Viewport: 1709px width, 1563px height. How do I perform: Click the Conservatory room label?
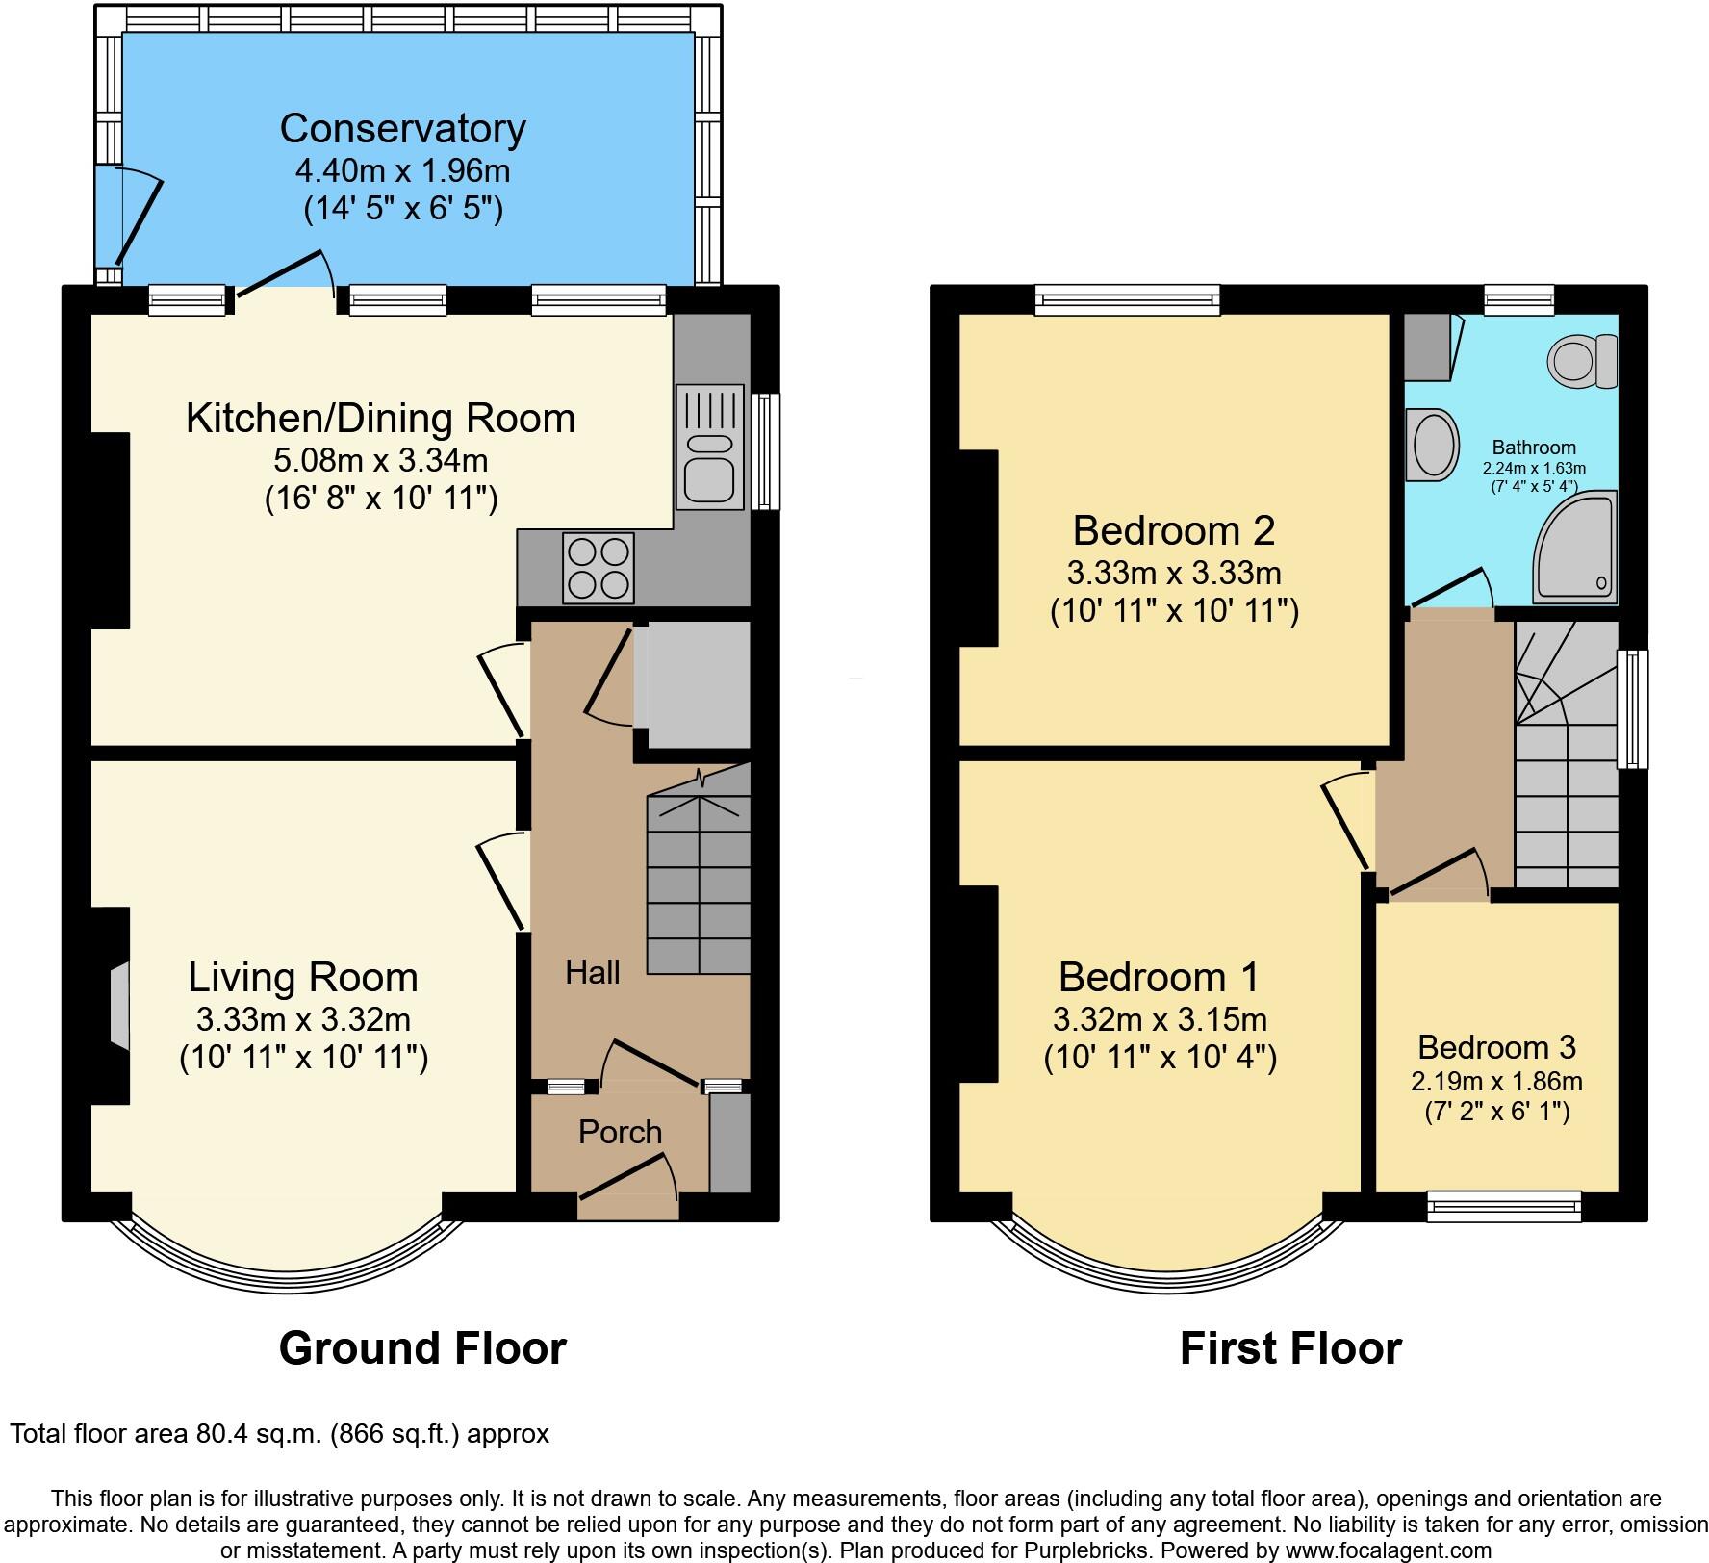tap(402, 128)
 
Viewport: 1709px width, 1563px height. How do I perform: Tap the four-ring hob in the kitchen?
tap(599, 568)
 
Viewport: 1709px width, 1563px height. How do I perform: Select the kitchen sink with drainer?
tap(710, 447)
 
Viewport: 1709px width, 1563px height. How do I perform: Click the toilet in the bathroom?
tap(1582, 360)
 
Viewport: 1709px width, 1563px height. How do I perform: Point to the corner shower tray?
tap(1574, 550)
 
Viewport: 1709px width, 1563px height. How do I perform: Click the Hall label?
tap(592, 972)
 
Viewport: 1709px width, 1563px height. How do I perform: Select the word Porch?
tap(620, 1132)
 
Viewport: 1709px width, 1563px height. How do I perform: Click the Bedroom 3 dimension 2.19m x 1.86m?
tap(1496, 1081)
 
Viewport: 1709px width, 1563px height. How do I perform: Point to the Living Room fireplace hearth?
tap(118, 1005)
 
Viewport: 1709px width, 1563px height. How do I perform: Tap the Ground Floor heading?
tap(422, 1348)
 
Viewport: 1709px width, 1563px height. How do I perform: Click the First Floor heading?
tap(1289, 1348)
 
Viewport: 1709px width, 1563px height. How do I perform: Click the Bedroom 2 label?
tap(1173, 530)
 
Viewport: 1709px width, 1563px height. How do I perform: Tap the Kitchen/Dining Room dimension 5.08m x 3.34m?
tap(380, 460)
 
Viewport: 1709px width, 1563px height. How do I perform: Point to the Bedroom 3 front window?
tap(1503, 1206)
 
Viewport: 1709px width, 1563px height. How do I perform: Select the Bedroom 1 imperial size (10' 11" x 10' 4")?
tap(1160, 1058)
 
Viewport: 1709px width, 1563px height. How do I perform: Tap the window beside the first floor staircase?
tap(1632, 709)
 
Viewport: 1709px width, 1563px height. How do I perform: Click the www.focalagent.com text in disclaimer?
tap(1387, 1550)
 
